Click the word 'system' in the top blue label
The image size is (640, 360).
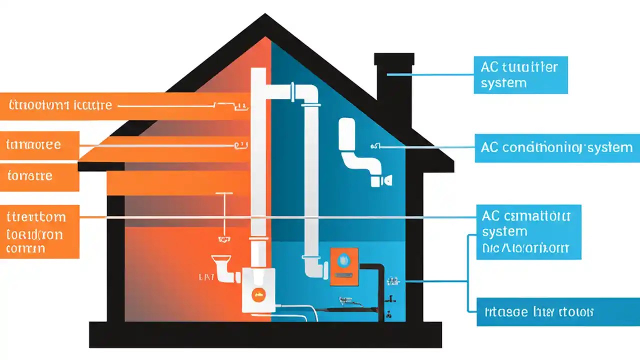coord(503,83)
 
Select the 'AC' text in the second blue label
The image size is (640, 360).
coord(489,147)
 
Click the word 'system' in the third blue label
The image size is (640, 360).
coord(504,231)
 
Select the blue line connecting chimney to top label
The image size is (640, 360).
coord(430,75)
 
